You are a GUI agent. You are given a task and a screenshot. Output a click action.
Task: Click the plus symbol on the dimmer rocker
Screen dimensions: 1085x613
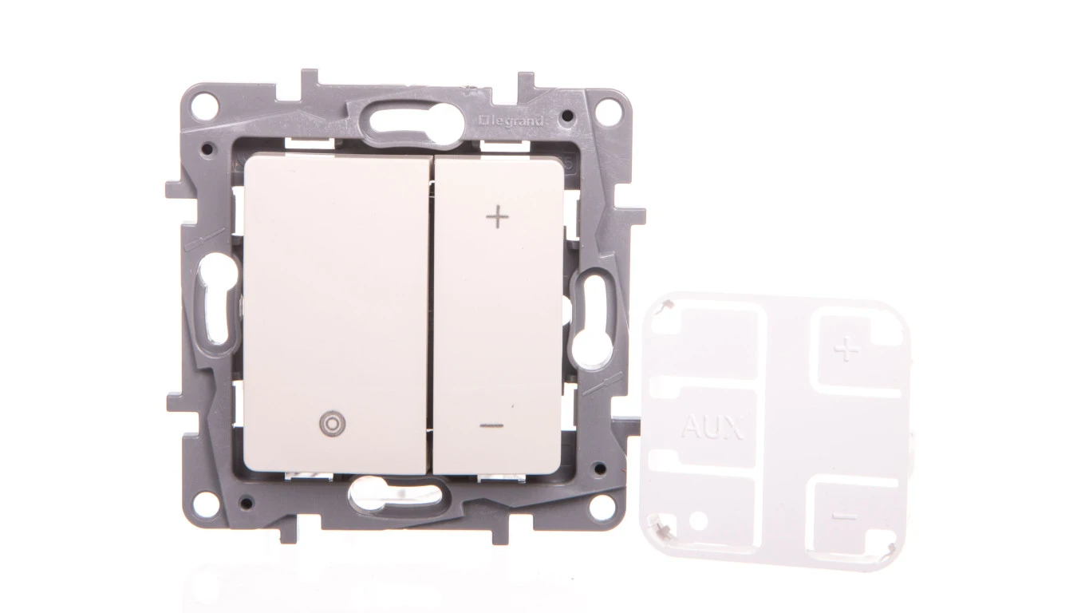pos(498,217)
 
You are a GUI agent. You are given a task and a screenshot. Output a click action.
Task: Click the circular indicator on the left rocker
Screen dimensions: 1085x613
pos(329,423)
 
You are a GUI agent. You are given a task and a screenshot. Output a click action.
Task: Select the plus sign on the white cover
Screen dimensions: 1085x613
pos(846,350)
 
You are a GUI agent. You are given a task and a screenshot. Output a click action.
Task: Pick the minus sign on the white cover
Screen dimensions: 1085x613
pos(846,517)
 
